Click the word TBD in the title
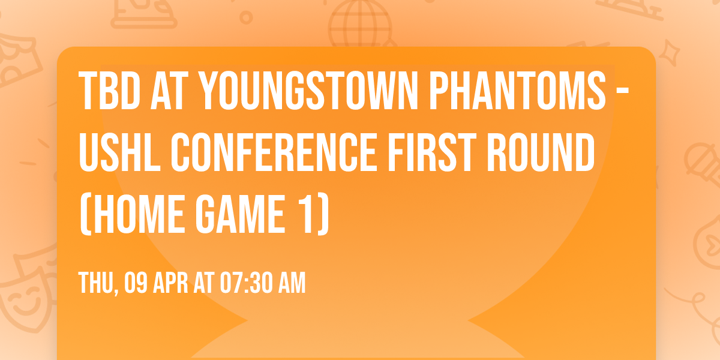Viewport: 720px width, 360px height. coord(110,91)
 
